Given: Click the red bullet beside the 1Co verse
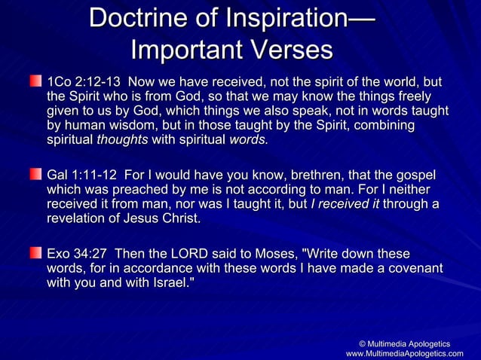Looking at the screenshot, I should [x=36, y=81].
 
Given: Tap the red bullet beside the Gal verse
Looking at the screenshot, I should [x=36, y=175].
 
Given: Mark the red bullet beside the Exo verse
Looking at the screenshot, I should [x=36, y=253].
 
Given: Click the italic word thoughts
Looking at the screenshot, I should [x=122, y=141].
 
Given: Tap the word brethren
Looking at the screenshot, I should [x=290, y=175].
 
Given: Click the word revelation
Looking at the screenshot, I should [x=76, y=220].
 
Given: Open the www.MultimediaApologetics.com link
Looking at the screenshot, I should [x=404, y=353].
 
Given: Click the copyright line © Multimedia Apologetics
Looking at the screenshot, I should [x=409, y=343].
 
